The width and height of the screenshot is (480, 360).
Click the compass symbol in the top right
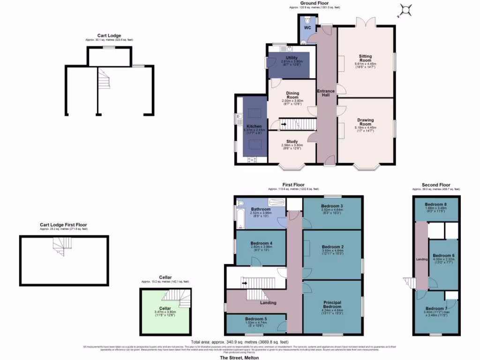pos(405,9)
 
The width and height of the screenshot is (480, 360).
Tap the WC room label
pos(307,28)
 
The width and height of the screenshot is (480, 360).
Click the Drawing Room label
pos(365,122)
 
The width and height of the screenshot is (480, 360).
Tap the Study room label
pos(292,141)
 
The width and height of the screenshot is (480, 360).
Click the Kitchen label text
pos(254,127)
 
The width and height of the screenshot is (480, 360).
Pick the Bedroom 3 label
pos(332,206)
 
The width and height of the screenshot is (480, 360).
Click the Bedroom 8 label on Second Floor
pos(436,205)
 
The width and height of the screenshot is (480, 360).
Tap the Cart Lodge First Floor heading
pos(63,225)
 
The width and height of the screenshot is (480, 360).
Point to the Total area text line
pos(240,342)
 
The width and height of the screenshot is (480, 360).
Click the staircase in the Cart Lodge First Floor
pos(61,247)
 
